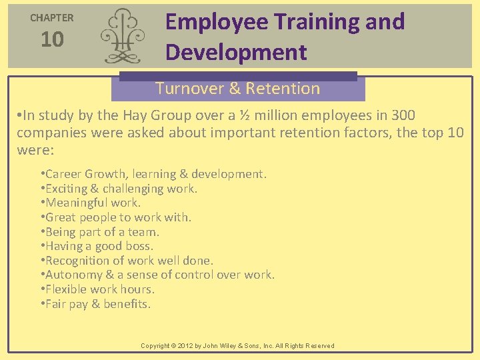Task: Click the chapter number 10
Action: [52, 40]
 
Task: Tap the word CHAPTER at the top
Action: [52, 18]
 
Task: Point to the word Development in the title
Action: [236, 52]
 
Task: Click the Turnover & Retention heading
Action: [237, 89]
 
